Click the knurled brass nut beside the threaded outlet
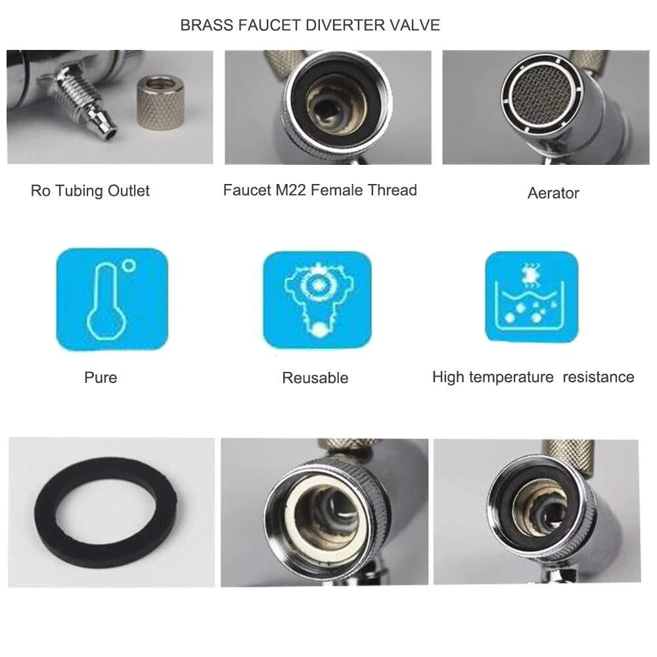pyautogui.click(x=160, y=102)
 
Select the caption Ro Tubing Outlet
pyautogui.click(x=90, y=191)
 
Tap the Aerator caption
pyautogui.click(x=553, y=193)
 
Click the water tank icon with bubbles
pyautogui.click(x=532, y=296)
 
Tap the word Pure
pyautogui.click(x=101, y=377)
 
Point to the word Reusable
pyautogui.click(x=315, y=378)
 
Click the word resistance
pyautogui.click(x=599, y=376)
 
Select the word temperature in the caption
pyautogui.click(x=511, y=377)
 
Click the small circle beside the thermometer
pyautogui.click(x=130, y=265)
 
